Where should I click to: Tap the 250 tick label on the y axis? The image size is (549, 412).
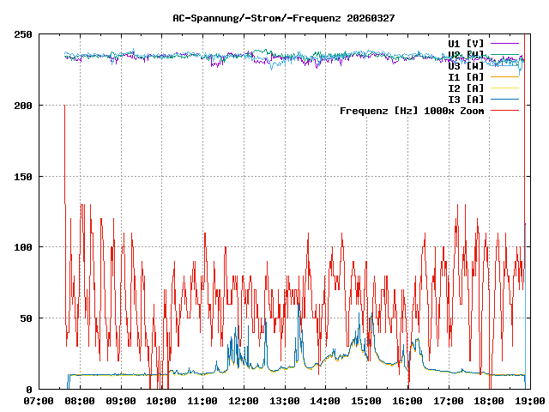23,34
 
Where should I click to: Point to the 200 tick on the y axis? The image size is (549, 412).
23,106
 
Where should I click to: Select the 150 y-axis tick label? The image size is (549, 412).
23,176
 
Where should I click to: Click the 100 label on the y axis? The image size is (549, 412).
23,247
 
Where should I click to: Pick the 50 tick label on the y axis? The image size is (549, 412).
27,318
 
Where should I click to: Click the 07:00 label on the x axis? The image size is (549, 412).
39,401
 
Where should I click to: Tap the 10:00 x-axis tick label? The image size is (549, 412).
161,401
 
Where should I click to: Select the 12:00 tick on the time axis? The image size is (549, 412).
244,401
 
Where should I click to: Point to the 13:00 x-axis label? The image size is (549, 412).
284,401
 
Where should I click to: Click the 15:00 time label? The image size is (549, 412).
366,401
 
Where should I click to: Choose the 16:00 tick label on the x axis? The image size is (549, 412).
407,401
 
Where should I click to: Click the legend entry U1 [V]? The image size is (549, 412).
466,43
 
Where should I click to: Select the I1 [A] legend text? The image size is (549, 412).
466,76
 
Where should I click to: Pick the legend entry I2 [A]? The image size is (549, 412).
466,88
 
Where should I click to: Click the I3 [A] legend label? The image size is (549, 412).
466,99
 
